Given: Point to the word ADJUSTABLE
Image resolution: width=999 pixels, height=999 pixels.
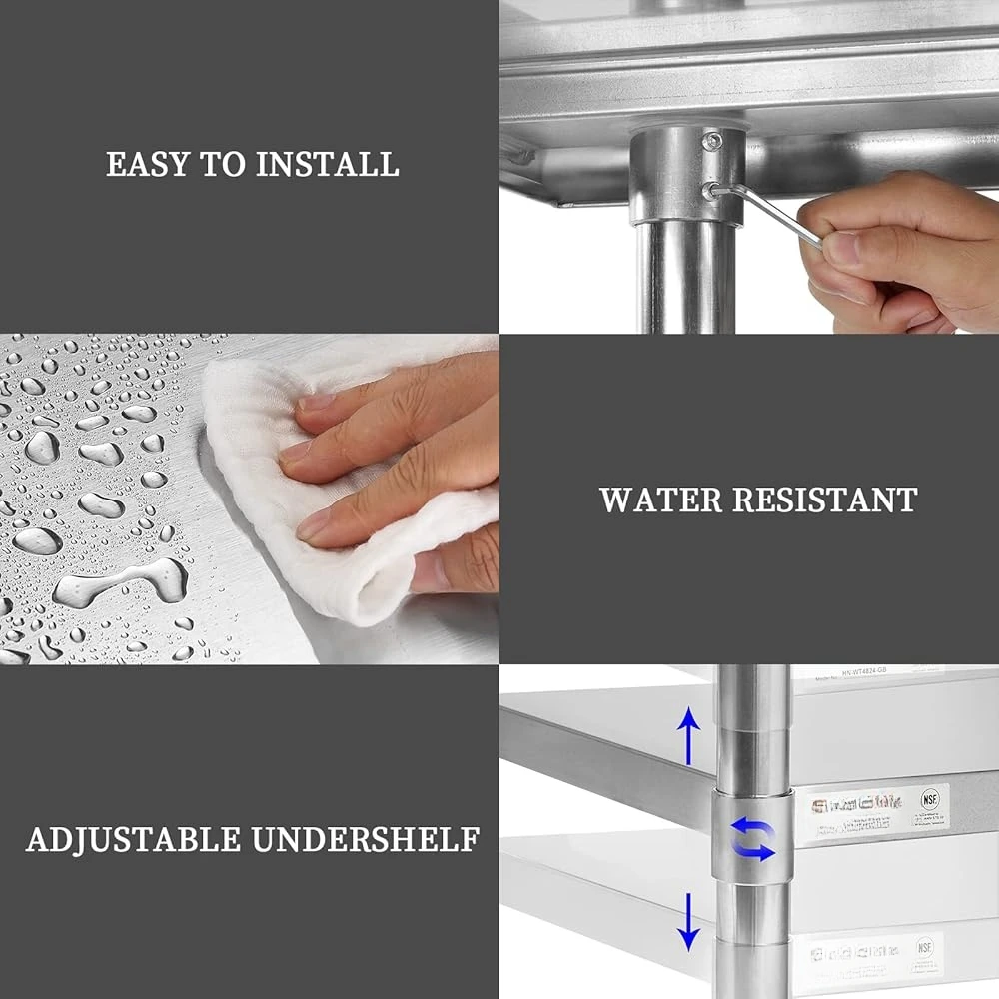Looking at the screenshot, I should point(133,839).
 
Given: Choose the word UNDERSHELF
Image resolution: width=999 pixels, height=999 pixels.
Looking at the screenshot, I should point(366,839).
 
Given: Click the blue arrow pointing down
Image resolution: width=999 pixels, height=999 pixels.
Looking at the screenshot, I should point(688,920).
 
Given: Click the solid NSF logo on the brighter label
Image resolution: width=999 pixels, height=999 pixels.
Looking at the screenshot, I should point(931,800).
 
